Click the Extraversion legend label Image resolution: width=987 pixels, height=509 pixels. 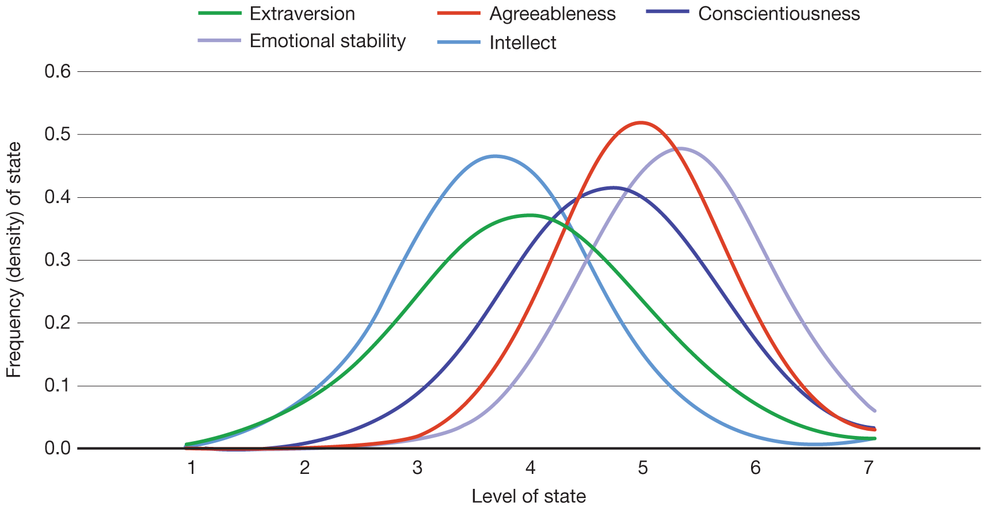point(302,14)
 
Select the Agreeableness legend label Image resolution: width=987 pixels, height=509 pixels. point(552,14)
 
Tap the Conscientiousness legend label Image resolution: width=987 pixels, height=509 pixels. point(779,14)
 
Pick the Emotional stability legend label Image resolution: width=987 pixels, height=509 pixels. point(327,41)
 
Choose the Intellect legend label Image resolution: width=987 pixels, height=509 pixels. point(523,43)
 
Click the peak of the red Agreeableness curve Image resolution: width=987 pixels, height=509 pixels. point(640,122)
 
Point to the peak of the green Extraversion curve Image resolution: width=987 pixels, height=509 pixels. point(530,215)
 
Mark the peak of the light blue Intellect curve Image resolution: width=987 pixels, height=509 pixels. point(496,156)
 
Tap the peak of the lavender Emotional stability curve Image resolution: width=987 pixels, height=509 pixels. point(680,148)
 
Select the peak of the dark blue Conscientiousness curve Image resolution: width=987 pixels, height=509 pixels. point(613,187)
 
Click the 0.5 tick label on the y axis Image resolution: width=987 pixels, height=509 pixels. point(58,135)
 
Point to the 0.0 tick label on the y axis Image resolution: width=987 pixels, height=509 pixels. point(58,448)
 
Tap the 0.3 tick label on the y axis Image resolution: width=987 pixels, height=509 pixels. point(58,260)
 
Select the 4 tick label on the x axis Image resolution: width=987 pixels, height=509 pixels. point(530,468)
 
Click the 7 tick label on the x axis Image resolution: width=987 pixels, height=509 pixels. point(868,468)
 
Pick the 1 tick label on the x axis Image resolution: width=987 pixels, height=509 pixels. point(192,468)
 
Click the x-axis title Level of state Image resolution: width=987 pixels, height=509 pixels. point(528,496)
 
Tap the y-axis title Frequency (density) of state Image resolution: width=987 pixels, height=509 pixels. point(14,260)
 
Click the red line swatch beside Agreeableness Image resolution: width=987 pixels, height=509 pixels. point(459,13)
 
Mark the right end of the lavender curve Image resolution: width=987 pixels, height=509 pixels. point(875,411)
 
